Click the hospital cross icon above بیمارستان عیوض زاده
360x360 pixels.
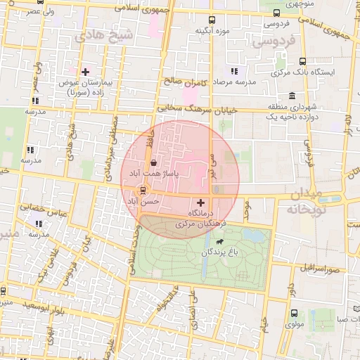click(86, 71)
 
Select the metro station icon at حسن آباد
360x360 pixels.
click(143, 190)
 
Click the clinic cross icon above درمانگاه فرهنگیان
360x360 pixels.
click(200, 202)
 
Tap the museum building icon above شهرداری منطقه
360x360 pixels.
click(292, 96)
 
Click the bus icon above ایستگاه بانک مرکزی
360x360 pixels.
click(302, 61)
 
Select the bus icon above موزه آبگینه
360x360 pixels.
click(213, 20)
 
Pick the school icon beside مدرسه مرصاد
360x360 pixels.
click(234, 71)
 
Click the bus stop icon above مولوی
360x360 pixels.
click(293, 314)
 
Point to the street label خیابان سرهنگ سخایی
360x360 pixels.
click(198, 109)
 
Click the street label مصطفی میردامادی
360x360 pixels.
click(111, 138)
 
